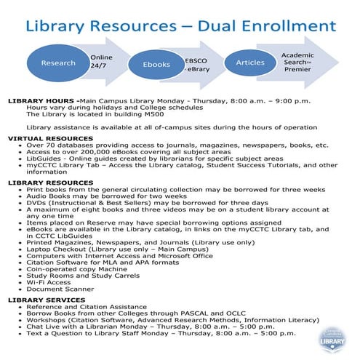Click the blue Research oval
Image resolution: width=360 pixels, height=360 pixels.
click(58, 63)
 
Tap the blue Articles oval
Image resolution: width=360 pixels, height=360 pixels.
click(250, 63)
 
